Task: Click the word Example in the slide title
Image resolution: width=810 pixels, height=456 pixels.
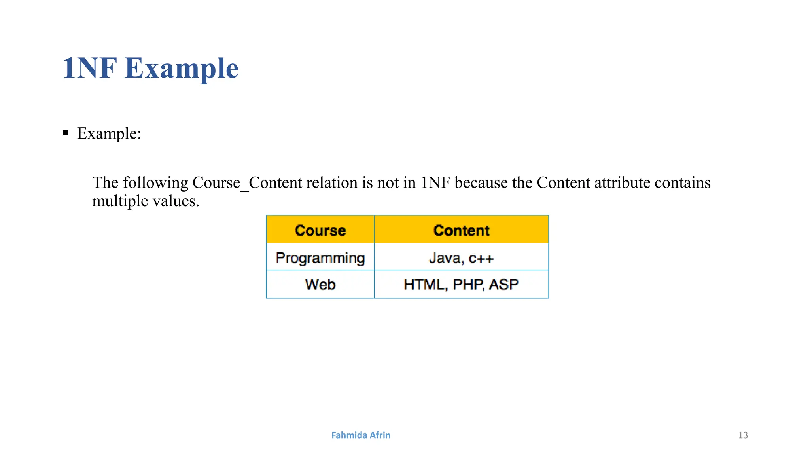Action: pos(182,68)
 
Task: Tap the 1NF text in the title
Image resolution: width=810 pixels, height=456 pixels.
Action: pos(90,68)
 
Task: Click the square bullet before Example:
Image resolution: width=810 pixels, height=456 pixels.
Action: pos(66,133)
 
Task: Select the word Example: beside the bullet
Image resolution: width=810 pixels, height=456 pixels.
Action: pos(109,134)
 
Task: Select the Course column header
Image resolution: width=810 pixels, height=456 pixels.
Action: pos(320,230)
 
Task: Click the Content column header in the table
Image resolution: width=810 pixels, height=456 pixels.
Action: pos(461,230)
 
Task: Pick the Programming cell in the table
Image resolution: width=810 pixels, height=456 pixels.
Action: pos(320,258)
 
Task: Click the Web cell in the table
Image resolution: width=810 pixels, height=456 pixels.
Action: pos(320,285)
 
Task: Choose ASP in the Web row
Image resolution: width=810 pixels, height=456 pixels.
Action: pos(503,285)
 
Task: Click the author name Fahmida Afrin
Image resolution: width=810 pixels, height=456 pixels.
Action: pos(361,435)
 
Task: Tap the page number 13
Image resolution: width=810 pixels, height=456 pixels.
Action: pos(743,435)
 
